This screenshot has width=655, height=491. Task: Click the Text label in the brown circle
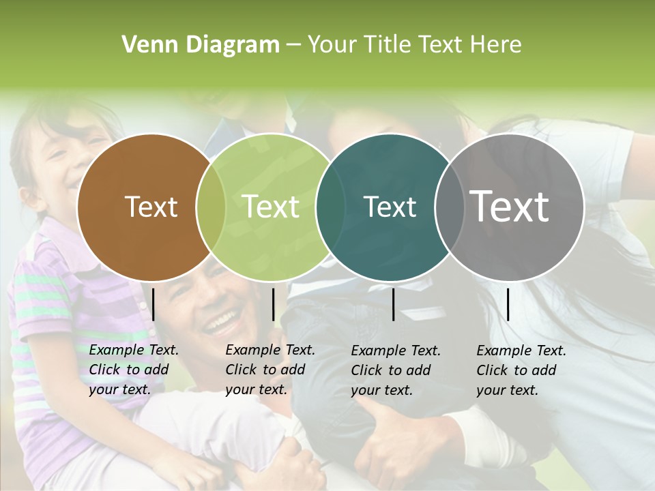(151, 207)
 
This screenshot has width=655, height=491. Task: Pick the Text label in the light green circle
(271, 207)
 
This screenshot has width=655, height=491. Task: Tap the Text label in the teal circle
(390, 207)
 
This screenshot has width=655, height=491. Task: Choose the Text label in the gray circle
(510, 206)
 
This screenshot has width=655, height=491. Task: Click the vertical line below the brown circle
(153, 304)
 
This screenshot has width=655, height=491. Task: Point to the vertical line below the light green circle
(273, 304)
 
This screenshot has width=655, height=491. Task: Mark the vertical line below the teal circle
(393, 304)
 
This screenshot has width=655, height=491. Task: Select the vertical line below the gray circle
(508, 304)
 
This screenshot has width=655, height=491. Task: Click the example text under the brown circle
(134, 370)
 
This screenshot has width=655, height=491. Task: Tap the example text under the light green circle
(270, 370)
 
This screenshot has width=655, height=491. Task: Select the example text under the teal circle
(396, 370)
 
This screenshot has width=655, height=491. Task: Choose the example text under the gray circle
(521, 370)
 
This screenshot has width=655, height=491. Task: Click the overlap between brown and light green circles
(211, 207)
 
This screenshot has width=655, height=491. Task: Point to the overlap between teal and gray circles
(447, 207)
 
